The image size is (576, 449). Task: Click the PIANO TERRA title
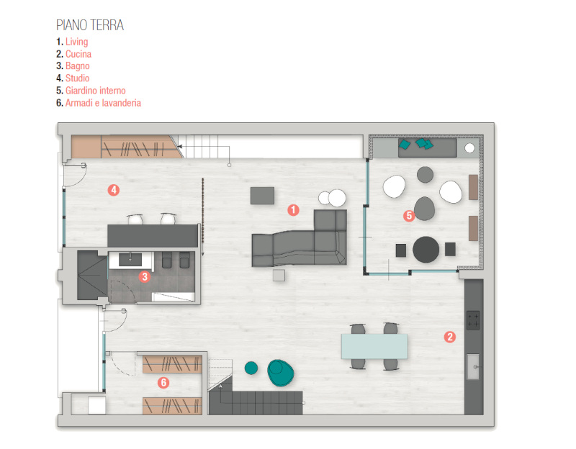pyautogui.click(x=90, y=25)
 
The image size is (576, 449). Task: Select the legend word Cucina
pyautogui.click(x=78, y=54)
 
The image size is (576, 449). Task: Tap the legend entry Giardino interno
pyautogui.click(x=96, y=91)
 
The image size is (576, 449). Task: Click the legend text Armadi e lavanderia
pyautogui.click(x=103, y=103)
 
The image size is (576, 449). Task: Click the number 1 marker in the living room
pyautogui.click(x=293, y=210)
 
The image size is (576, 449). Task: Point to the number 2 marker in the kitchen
pyautogui.click(x=449, y=336)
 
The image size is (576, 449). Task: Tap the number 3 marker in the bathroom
pyautogui.click(x=144, y=276)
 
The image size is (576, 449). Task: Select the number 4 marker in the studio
pyautogui.click(x=113, y=190)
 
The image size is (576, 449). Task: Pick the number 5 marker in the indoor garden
pyautogui.click(x=408, y=214)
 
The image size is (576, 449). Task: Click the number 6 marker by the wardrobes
pyautogui.click(x=163, y=383)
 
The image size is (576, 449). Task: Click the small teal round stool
pyautogui.click(x=251, y=368)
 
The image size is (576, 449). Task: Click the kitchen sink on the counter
pyautogui.click(x=474, y=366)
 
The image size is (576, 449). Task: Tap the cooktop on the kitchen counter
pyautogui.click(x=473, y=319)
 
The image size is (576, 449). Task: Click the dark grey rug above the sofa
pyautogui.click(x=263, y=195)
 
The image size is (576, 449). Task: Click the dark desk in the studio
pyautogui.click(x=153, y=235)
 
